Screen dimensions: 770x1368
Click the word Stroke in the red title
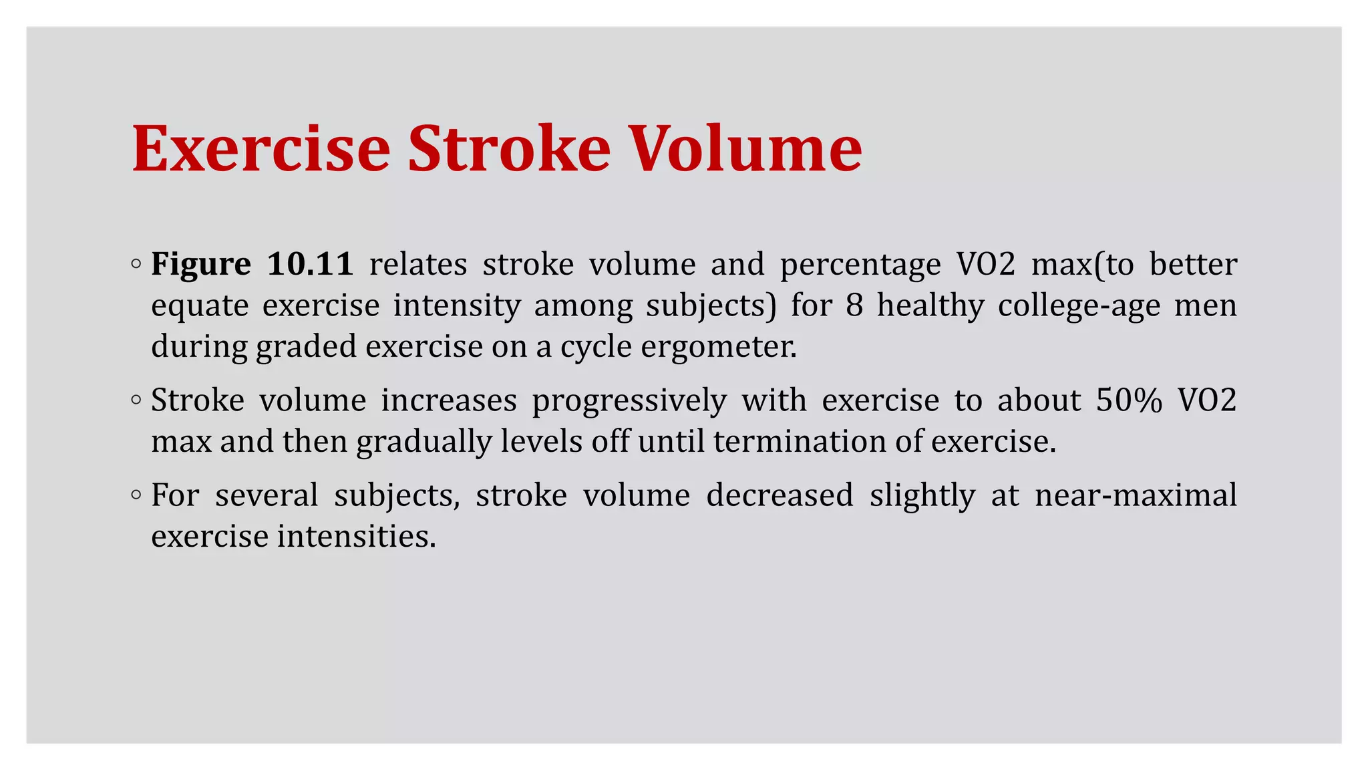tap(509, 148)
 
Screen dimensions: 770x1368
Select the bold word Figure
tap(200, 265)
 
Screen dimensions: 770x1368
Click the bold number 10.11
tap(310, 265)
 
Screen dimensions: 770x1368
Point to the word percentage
tap(860, 265)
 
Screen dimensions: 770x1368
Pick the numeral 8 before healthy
tap(854, 305)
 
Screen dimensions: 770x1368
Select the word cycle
tap(596, 346)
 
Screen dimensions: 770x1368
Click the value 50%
tap(1129, 400)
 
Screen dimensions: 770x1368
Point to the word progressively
tap(629, 400)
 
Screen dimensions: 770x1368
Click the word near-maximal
tap(1136, 495)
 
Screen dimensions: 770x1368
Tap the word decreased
tap(780, 495)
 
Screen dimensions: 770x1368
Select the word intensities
tap(357, 536)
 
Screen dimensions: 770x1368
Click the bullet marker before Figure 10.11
tap(136, 264)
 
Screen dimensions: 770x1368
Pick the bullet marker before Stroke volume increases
tap(136, 400)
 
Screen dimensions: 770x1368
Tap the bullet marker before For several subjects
tap(136, 495)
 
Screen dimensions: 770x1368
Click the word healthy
tap(930, 305)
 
